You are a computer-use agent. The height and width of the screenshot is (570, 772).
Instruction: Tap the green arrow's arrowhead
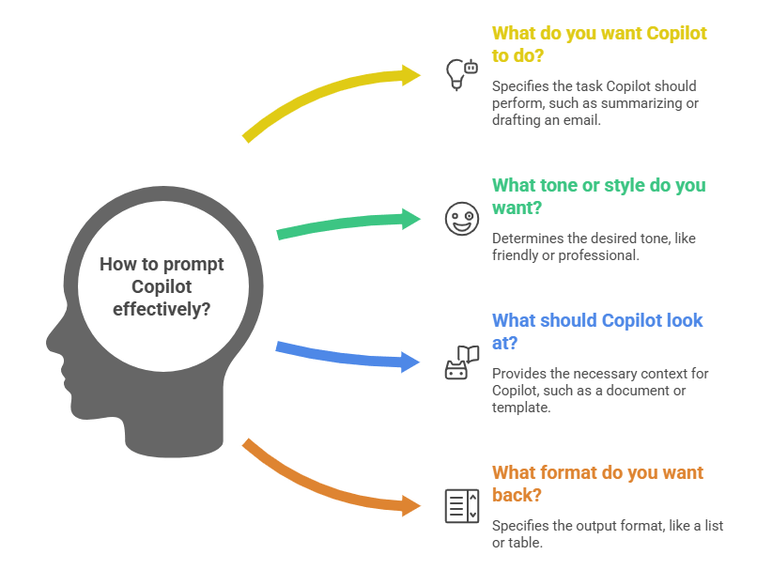click(411, 219)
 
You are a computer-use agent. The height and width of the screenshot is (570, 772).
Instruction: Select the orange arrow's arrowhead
click(411, 504)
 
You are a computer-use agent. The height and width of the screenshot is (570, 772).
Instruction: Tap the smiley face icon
click(460, 219)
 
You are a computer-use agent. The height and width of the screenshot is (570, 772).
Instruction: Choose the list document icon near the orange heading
click(460, 505)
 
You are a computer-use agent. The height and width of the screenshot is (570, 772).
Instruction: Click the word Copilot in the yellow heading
click(671, 33)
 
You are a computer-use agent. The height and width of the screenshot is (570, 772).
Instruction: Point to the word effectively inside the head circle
click(162, 308)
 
